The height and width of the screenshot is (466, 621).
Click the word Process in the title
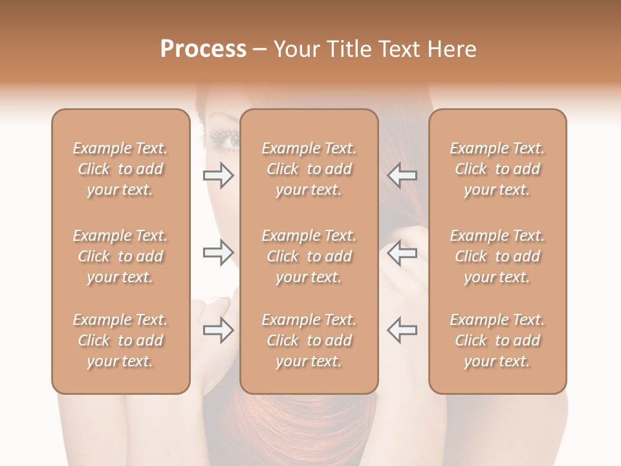[203, 49]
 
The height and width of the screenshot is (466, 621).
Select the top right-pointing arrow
[218, 175]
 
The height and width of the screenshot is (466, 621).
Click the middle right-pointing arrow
[218, 252]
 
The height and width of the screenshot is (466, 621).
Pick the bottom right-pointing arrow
[218, 330]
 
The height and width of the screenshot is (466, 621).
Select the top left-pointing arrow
[402, 175]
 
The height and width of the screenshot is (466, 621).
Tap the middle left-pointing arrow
[402, 252]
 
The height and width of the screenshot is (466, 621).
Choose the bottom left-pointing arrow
[402, 330]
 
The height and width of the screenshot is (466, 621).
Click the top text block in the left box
[120, 169]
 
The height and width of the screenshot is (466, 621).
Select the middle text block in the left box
[120, 256]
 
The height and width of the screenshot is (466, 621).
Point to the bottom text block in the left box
[120, 340]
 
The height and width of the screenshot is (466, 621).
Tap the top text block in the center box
[309, 169]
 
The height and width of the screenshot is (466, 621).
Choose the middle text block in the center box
[309, 256]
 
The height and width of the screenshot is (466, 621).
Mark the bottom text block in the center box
[309, 340]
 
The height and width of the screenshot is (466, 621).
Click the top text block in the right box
[497, 169]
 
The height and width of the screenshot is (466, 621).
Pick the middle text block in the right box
[497, 256]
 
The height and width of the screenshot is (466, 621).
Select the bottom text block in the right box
[497, 340]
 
